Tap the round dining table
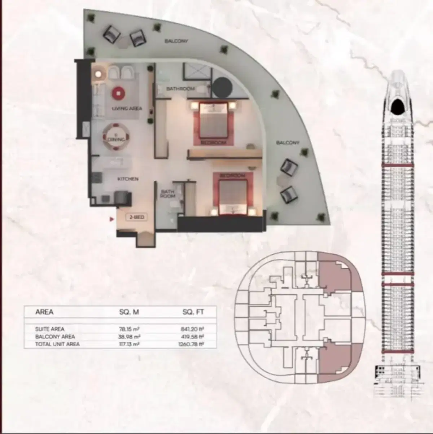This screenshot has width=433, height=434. (x=116, y=137)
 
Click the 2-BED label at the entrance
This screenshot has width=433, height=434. (x=136, y=218)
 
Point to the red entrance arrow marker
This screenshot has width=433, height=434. (x=111, y=219)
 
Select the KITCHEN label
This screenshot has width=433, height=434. (x=127, y=179)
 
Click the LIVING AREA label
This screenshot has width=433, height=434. (x=127, y=108)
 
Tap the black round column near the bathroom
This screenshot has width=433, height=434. (x=222, y=87)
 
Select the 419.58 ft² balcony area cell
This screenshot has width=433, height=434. (x=193, y=337)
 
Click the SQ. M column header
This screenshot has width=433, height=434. (x=129, y=312)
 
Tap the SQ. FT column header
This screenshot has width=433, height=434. (x=193, y=312)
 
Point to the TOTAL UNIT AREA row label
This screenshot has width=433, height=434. (x=57, y=344)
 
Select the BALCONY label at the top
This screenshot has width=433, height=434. (x=176, y=41)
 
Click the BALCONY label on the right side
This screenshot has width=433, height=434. (x=288, y=143)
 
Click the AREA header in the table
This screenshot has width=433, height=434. (x=44, y=312)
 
